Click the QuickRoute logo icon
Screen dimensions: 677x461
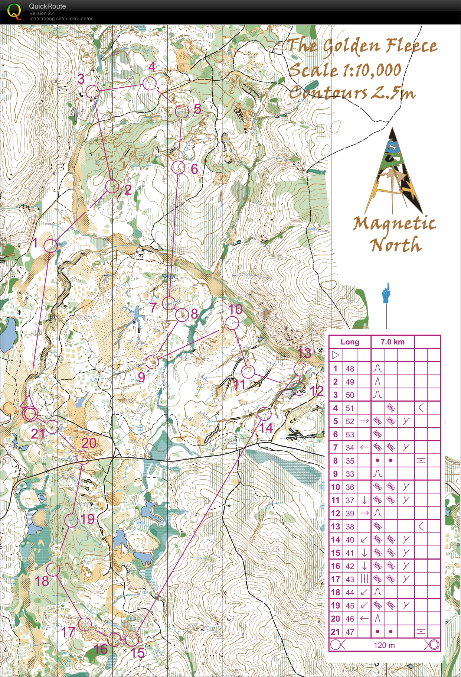pyautogui.click(x=14, y=12)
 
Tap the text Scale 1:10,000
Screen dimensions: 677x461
pyautogui.click(x=345, y=70)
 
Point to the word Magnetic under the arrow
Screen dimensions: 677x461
pyautogui.click(x=394, y=224)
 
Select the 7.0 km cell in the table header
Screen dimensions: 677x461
pyautogui.click(x=392, y=342)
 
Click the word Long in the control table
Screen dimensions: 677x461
pyautogui.click(x=350, y=342)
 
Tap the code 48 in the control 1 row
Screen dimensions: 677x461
pyautogui.click(x=350, y=369)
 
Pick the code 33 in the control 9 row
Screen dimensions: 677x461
pyautogui.click(x=350, y=474)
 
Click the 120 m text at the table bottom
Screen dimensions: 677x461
pyautogui.click(x=384, y=645)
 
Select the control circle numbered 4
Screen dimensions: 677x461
pyautogui.click(x=150, y=84)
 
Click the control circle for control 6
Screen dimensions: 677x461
pyautogui.click(x=179, y=168)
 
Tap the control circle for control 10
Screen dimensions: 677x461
pyautogui.click(x=232, y=323)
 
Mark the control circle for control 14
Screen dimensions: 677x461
pyautogui.click(x=264, y=414)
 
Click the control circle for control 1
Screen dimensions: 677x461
pyautogui.click(x=50, y=246)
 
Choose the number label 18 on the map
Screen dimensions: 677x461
pyautogui.click(x=42, y=581)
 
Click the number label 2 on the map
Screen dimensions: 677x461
pyautogui.click(x=128, y=190)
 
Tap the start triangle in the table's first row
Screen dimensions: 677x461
pyautogui.click(x=336, y=355)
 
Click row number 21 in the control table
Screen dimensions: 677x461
pyautogui.click(x=336, y=632)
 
